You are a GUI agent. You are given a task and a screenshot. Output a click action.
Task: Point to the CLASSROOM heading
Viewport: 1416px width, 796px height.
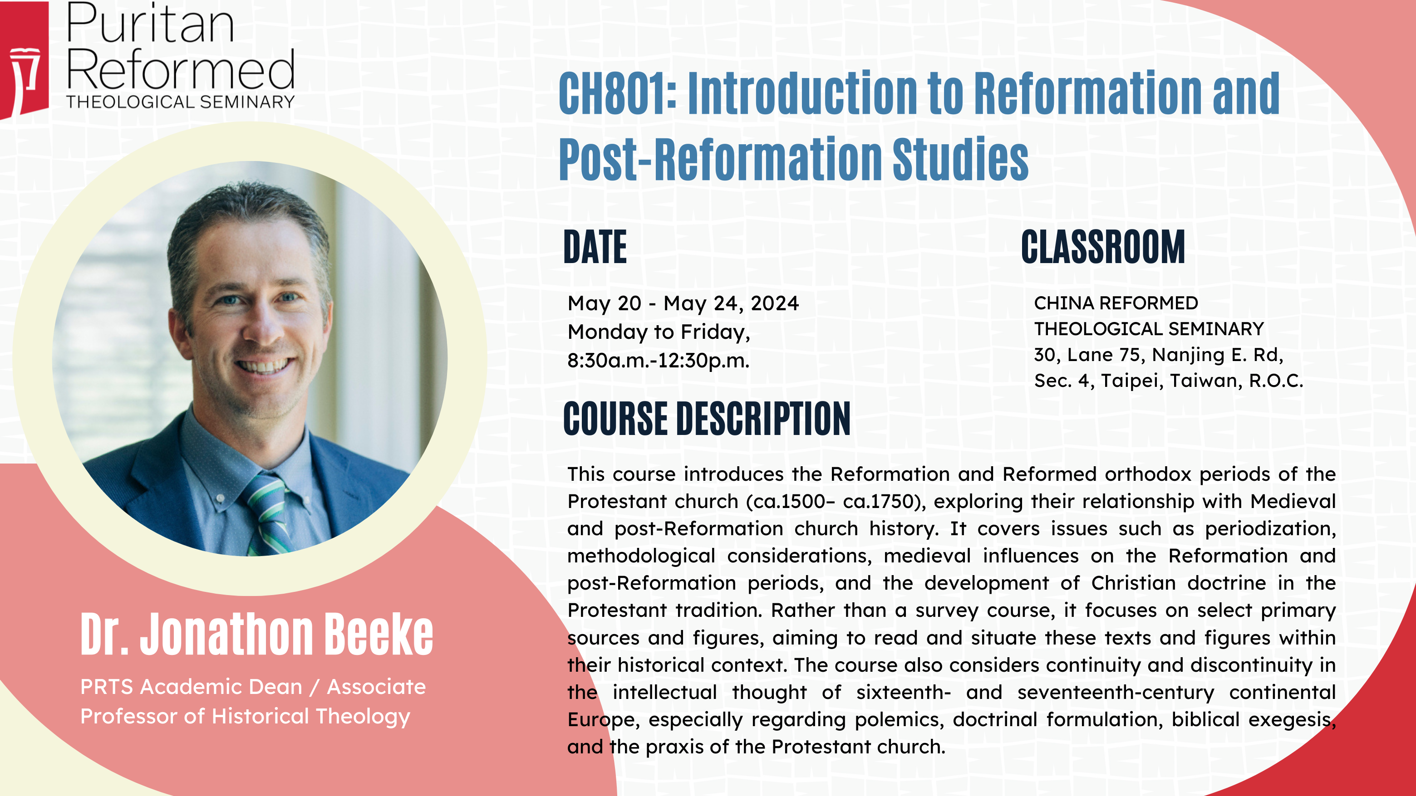click(1103, 247)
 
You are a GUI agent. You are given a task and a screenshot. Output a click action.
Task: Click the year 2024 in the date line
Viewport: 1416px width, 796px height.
click(775, 303)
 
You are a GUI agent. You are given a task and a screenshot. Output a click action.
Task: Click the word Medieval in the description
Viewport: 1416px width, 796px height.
click(1293, 501)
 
